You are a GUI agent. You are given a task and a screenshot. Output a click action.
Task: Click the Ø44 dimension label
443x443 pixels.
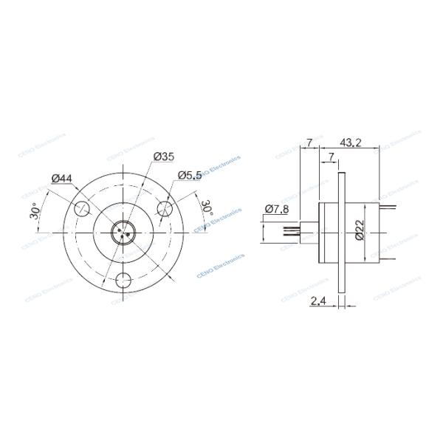(62, 178)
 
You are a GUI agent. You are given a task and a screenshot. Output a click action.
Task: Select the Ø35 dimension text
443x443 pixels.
(163, 156)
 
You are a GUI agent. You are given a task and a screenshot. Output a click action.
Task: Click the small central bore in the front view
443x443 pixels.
(123, 233)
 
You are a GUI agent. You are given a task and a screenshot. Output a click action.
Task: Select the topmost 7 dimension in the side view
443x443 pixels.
(310, 142)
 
